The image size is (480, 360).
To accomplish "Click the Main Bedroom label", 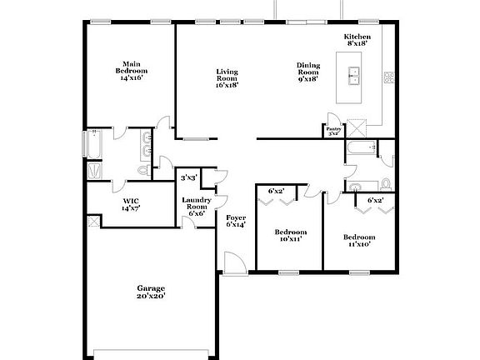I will [130, 67].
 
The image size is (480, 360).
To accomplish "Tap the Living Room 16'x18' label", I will [227, 77].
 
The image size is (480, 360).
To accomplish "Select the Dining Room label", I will [308, 72].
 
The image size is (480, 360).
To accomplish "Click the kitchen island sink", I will [353, 76].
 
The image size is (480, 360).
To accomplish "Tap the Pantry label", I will [333, 131].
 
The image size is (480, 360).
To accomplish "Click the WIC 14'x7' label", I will [130, 205].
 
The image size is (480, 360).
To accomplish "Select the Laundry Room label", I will [197, 206].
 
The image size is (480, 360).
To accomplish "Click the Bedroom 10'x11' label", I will [290, 235].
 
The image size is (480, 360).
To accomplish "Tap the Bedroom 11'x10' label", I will [357, 240].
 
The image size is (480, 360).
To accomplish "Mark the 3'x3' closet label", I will [188, 178].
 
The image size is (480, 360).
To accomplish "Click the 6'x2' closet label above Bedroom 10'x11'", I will [276, 192].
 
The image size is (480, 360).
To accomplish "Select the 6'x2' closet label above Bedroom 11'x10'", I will [374, 200].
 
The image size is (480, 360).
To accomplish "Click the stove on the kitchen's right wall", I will [388, 77].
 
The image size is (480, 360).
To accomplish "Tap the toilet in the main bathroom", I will [142, 170].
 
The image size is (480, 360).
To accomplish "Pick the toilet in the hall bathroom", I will [386, 184].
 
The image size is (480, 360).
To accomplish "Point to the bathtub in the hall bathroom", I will [360, 149].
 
